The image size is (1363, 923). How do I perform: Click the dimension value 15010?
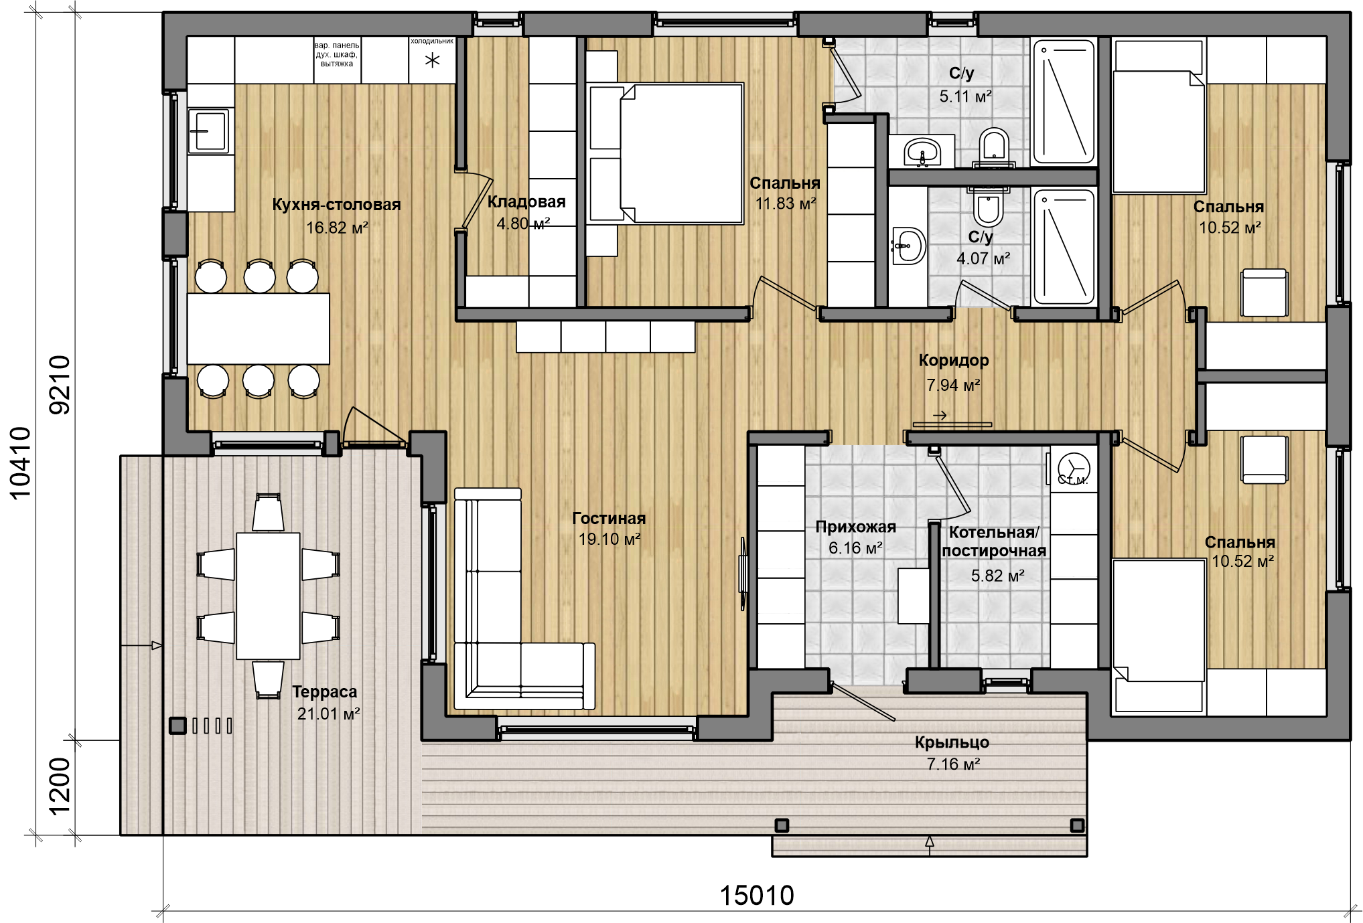(x=757, y=896)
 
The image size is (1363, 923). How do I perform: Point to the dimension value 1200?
(x=60, y=786)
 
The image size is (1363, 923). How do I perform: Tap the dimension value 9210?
(x=60, y=385)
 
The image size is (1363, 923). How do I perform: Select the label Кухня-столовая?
(x=336, y=205)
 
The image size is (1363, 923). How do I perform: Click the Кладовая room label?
(x=526, y=201)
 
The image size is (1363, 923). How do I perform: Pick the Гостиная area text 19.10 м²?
(x=609, y=539)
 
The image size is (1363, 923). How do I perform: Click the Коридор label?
(x=954, y=361)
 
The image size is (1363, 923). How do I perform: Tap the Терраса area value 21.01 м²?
(x=329, y=714)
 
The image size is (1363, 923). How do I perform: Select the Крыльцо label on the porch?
(x=952, y=742)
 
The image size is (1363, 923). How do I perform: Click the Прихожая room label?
(x=856, y=527)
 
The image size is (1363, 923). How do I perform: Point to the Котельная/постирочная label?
(x=994, y=541)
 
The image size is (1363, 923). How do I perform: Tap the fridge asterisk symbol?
(x=433, y=61)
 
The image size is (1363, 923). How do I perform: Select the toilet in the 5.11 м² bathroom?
(x=994, y=147)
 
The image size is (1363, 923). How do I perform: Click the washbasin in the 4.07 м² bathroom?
(x=908, y=246)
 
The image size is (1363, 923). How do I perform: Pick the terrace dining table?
(x=268, y=596)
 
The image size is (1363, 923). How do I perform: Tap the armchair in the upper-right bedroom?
(x=1264, y=292)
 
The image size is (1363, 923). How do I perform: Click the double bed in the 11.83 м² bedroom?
(x=665, y=153)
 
